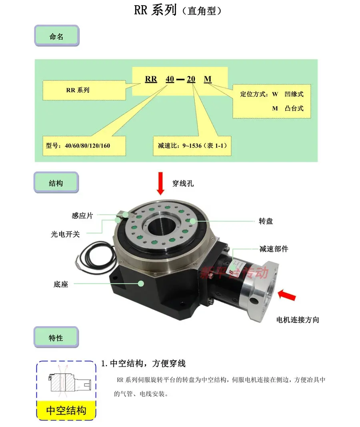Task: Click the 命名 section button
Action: pos(57,36)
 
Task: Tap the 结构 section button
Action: pos(56,182)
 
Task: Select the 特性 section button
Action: pos(56,337)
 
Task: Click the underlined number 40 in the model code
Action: pos(170,79)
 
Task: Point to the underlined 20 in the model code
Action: pos(191,79)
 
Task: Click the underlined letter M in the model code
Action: pos(208,79)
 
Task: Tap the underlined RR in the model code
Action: pos(151,79)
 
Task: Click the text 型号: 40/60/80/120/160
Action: pos(78,146)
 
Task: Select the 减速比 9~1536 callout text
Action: pos(192,146)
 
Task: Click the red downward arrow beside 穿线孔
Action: pos(160,183)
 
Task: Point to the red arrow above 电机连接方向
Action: pos(287,295)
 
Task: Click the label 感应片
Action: pos(82,215)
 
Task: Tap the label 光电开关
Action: pos(66,234)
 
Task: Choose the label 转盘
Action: pos(266,221)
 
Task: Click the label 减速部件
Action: pos(274,249)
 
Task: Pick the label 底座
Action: pos(61,284)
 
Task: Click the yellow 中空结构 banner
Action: pos(66,410)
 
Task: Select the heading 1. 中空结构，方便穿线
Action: pos(143,363)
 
